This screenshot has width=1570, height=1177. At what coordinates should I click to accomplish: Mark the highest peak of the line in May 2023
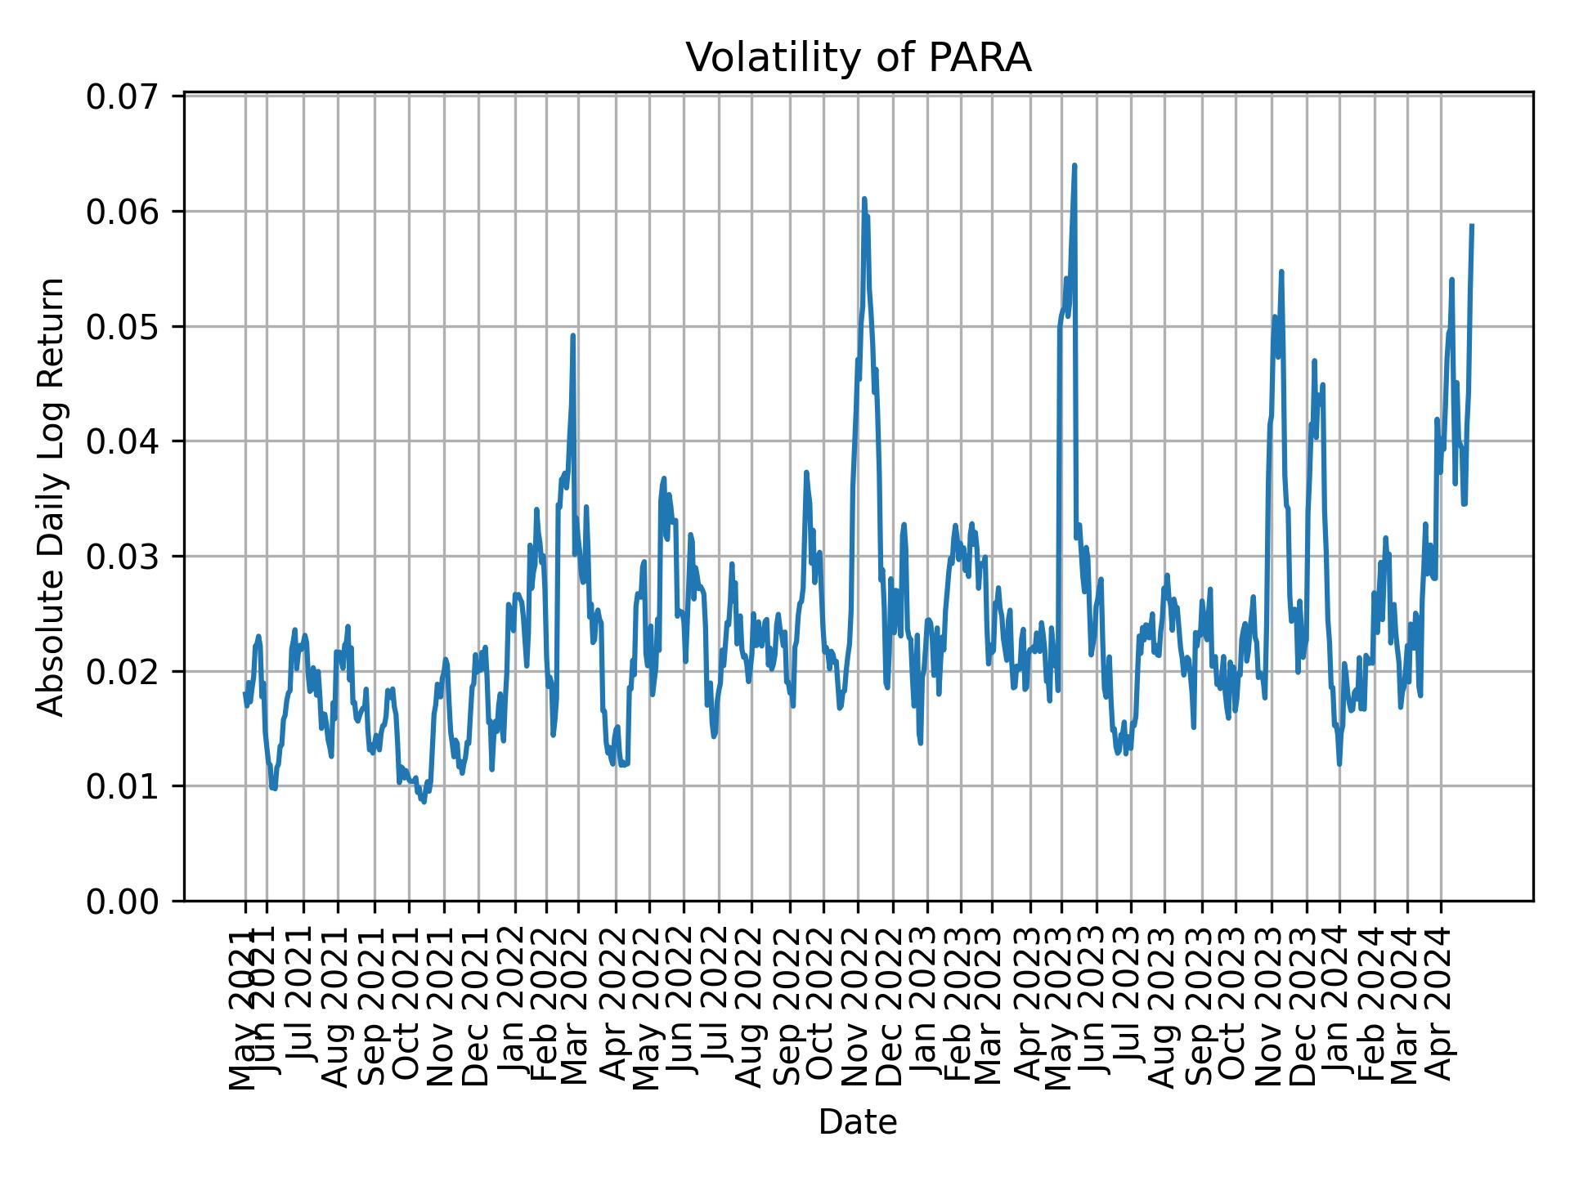point(1074,166)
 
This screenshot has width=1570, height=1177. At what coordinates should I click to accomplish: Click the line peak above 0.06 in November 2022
point(863,199)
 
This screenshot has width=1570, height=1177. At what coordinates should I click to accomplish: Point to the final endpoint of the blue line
point(1472,226)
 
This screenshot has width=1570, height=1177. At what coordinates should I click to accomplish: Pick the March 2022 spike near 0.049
point(573,335)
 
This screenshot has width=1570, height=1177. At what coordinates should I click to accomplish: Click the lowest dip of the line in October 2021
point(424,802)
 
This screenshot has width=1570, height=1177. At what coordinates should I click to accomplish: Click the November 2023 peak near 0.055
point(1281,271)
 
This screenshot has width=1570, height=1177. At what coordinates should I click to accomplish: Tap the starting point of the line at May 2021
point(244,693)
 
